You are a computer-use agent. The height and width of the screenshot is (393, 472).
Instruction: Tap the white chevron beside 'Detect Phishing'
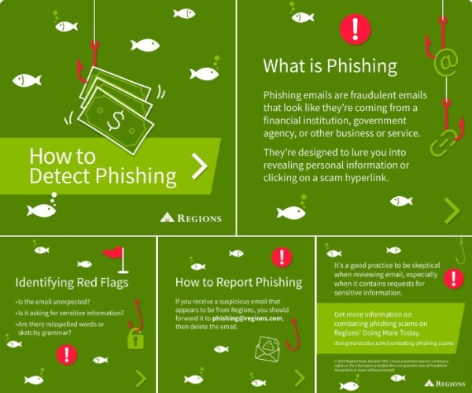[x=199, y=165]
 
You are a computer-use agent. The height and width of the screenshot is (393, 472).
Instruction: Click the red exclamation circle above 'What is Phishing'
[x=355, y=30]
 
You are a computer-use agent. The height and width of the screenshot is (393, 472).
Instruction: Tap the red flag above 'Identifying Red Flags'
[x=116, y=254]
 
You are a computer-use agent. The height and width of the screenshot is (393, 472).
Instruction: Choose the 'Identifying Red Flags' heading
[x=72, y=281]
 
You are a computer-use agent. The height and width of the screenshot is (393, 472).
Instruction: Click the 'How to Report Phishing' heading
[x=238, y=282]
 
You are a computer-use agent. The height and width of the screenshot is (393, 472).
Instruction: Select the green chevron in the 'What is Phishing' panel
[x=452, y=209]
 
